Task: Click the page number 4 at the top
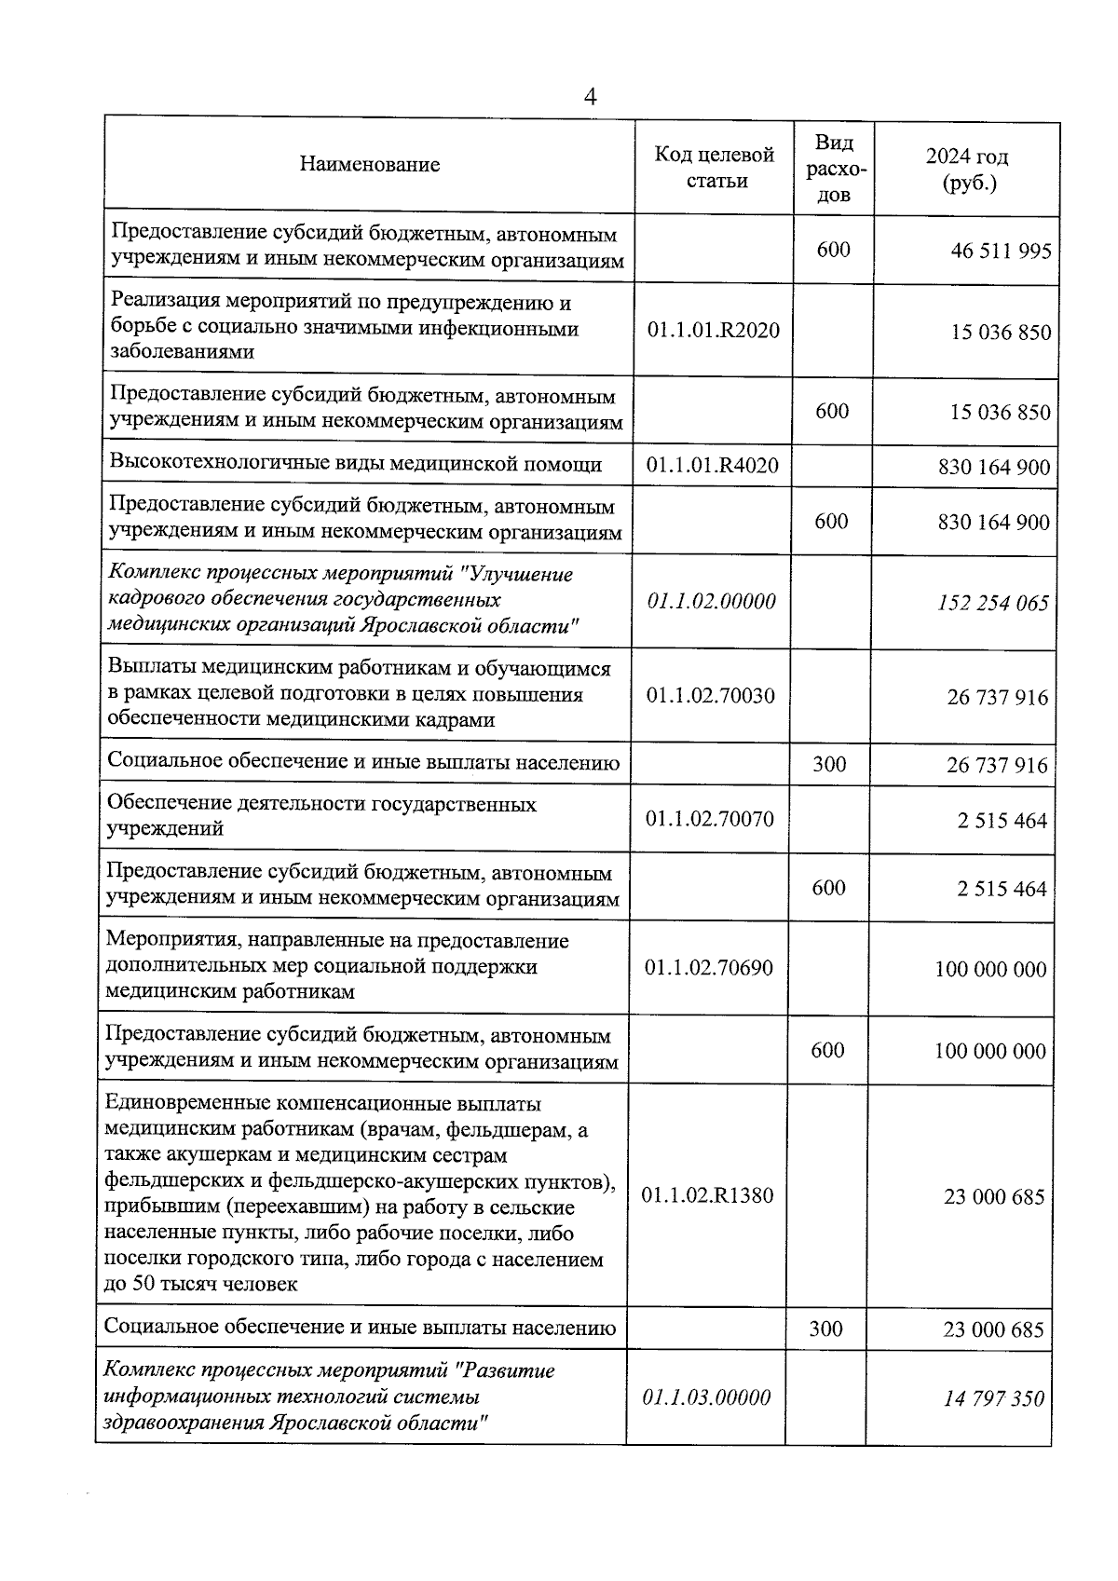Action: (x=589, y=97)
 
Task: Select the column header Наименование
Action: (x=369, y=165)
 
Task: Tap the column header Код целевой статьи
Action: (x=716, y=168)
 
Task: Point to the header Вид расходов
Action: (x=834, y=169)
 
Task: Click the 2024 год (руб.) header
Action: (x=967, y=169)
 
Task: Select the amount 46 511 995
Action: (x=1001, y=251)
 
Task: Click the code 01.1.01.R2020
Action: (x=713, y=330)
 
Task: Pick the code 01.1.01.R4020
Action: (x=713, y=465)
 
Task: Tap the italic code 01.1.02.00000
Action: (x=711, y=601)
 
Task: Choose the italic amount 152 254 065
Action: (x=993, y=603)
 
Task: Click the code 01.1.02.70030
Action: (x=710, y=695)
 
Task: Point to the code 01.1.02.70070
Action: (x=709, y=819)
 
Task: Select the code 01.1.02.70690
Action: (x=708, y=968)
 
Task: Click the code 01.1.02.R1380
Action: (x=707, y=1195)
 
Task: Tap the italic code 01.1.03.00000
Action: (x=706, y=1397)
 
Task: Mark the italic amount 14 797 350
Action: (x=993, y=1398)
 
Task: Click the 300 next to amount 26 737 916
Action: (x=829, y=764)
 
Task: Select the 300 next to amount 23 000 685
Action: (x=825, y=1329)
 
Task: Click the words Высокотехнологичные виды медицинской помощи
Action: (x=355, y=464)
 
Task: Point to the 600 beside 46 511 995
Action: (x=833, y=249)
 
